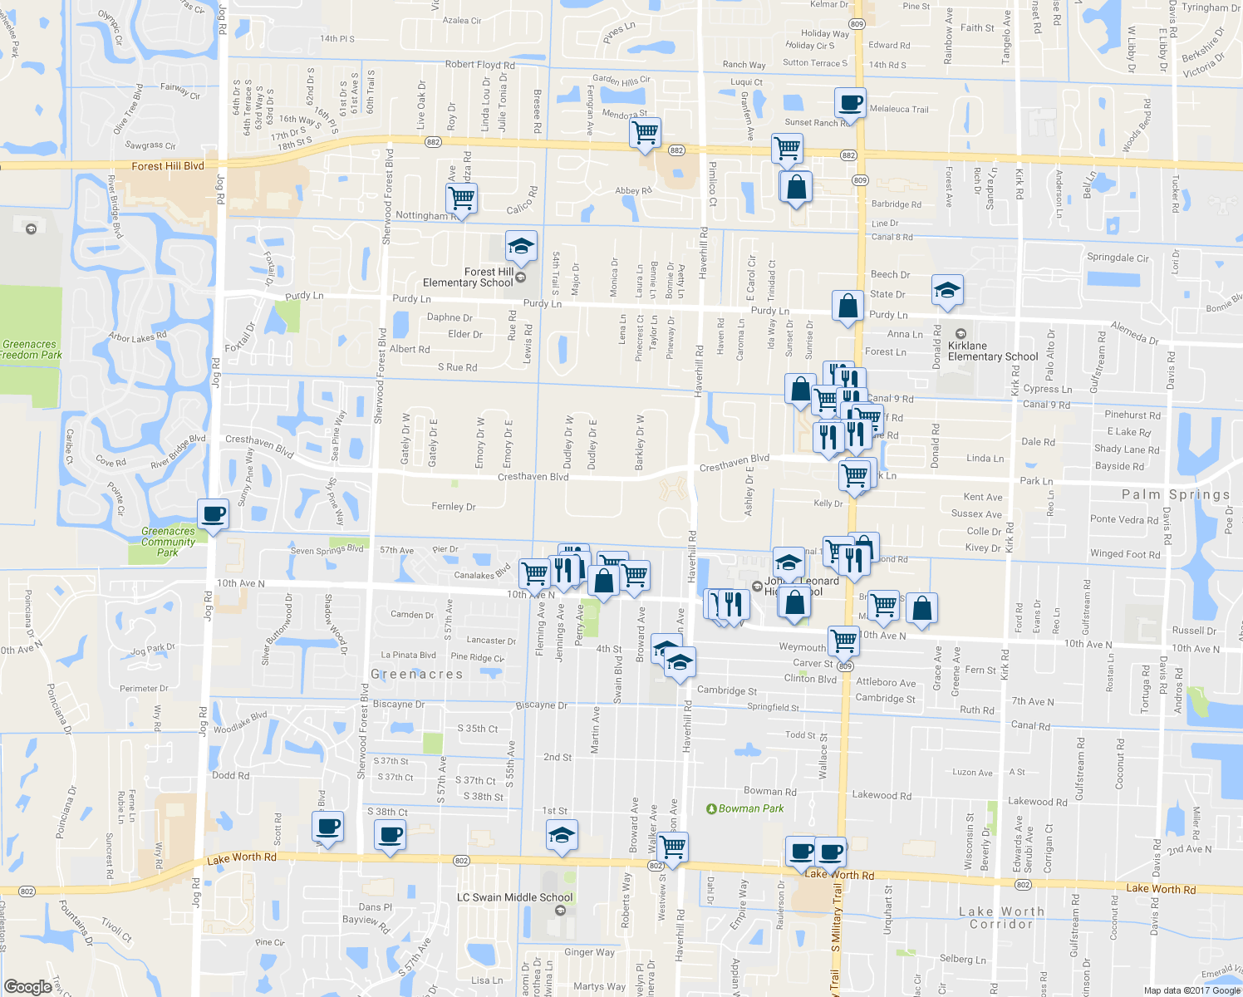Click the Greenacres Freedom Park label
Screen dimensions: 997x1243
pos(31,349)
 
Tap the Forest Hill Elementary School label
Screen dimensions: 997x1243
pos(468,277)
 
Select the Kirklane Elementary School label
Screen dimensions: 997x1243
pos(992,351)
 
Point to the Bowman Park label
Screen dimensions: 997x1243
pos(751,808)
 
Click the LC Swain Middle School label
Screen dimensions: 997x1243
pos(514,897)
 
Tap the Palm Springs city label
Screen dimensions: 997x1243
pos(1175,494)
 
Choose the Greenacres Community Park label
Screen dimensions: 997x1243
pos(168,542)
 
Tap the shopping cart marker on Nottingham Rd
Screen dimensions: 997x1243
pos(461,199)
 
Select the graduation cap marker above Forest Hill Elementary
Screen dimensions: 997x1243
pos(521,246)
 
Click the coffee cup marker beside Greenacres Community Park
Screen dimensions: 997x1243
pos(213,514)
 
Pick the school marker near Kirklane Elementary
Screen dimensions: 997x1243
pos(947,290)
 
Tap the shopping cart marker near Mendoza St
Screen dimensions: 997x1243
pos(646,132)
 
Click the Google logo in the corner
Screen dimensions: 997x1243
pos(27,986)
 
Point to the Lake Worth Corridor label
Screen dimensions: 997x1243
pos(1000,917)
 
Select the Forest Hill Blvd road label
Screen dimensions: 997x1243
pos(167,166)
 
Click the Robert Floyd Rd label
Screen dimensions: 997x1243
pos(479,65)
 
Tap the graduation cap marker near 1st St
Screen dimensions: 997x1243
pos(562,835)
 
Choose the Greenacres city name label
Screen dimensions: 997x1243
pos(416,674)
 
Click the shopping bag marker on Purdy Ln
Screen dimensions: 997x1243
pos(847,307)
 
